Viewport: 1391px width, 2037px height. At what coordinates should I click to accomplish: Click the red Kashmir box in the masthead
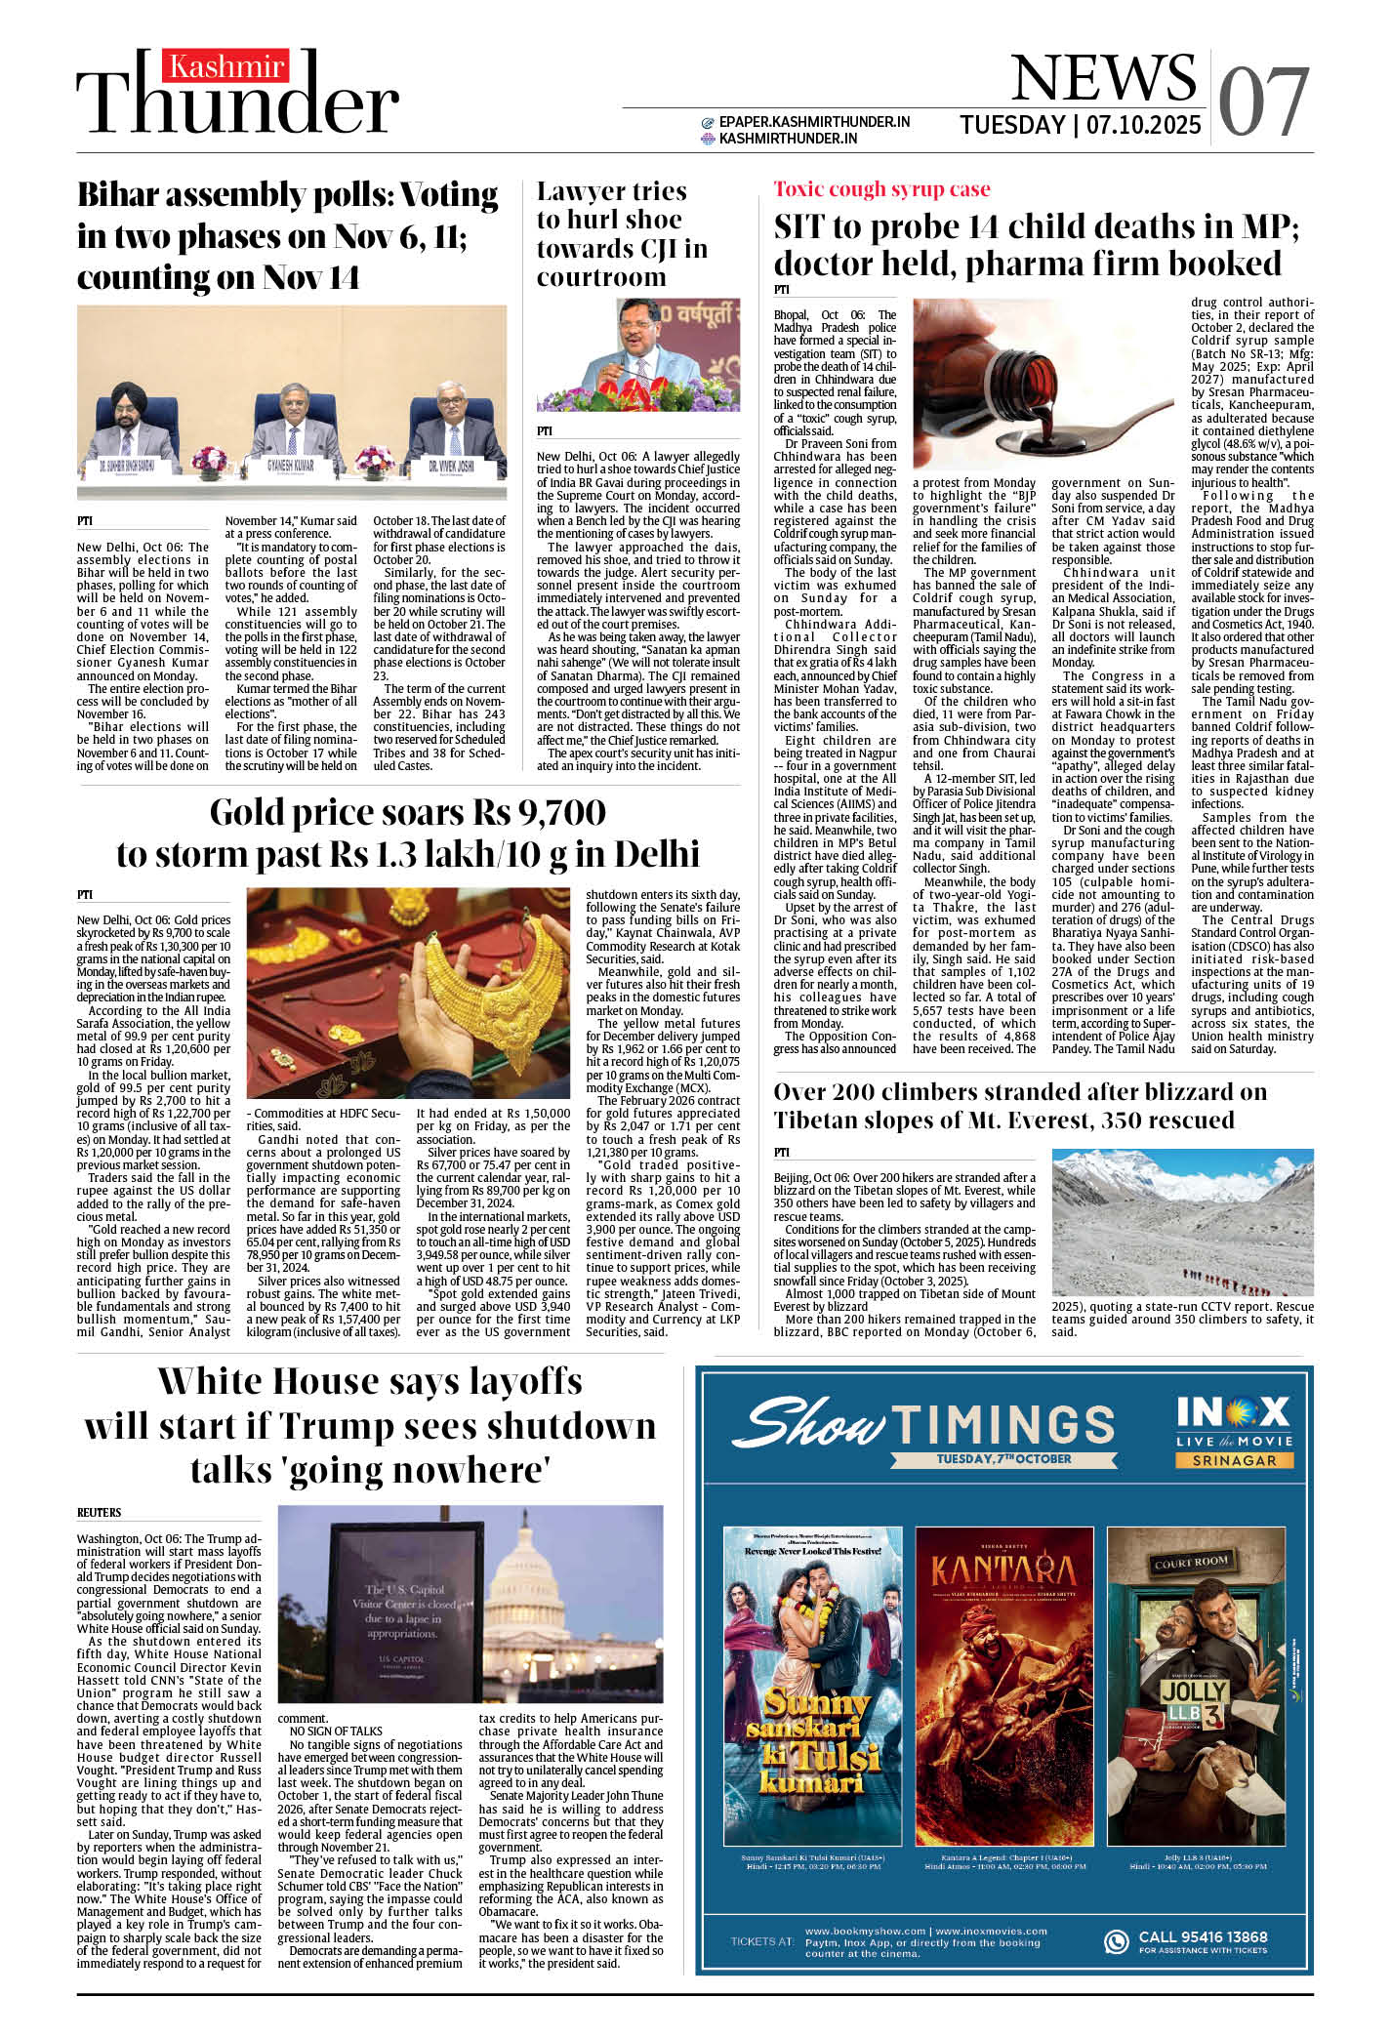coord(225,65)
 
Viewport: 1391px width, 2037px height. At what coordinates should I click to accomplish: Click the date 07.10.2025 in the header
coord(1143,126)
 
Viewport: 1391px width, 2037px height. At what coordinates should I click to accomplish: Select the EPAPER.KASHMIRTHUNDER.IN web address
coord(814,122)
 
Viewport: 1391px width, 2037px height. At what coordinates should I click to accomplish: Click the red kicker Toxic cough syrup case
coord(881,189)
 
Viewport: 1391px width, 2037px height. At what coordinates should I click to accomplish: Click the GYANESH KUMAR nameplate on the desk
coord(290,467)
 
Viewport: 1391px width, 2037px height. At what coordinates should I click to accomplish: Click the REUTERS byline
coord(100,1512)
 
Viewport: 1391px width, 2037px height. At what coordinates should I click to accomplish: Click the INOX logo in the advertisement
coord(1233,1412)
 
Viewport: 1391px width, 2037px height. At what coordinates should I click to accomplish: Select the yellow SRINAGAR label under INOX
coord(1233,1460)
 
